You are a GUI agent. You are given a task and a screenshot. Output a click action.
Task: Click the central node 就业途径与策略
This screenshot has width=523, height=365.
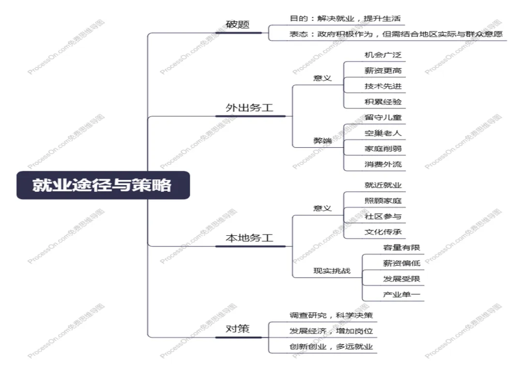point(103,185)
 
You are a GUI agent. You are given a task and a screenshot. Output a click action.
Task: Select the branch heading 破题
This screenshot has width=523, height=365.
point(238,24)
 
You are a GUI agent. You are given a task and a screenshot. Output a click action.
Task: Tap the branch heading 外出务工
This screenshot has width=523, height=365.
point(249,107)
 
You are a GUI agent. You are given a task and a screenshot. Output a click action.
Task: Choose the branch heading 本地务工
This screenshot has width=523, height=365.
point(249,238)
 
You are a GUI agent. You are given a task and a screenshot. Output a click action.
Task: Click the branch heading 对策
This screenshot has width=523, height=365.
point(238,329)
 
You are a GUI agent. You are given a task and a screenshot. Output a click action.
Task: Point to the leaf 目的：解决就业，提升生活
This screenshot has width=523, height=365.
point(345,19)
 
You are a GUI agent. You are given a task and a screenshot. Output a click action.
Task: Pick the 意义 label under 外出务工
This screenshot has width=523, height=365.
point(322,78)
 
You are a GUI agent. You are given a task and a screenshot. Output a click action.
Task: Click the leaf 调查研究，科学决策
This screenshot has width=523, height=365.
point(331,316)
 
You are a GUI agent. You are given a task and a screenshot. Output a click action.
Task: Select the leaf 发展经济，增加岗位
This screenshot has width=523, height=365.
point(331,331)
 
